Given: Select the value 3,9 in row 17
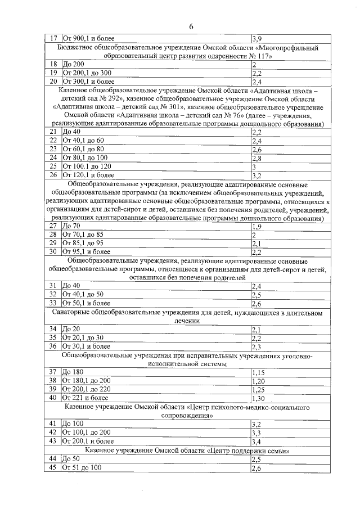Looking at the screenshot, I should pyautogui.click(x=255, y=38).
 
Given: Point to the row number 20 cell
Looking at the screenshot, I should pyautogui.click(x=53, y=81).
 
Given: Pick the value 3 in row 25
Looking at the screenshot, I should pyautogui.click(x=254, y=166).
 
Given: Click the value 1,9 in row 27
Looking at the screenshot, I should pyautogui.click(x=256, y=226).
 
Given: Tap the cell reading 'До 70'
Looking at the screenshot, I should pyautogui.click(x=73, y=226).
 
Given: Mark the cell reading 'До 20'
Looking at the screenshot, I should pyautogui.click(x=73, y=328).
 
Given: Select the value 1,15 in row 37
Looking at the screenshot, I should pyautogui.click(x=258, y=372).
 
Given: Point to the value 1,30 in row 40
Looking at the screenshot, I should pyautogui.click(x=258, y=398).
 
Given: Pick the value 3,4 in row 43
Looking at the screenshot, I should pyautogui.click(x=256, y=442).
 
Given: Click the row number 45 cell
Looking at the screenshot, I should pyautogui.click(x=53, y=468).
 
